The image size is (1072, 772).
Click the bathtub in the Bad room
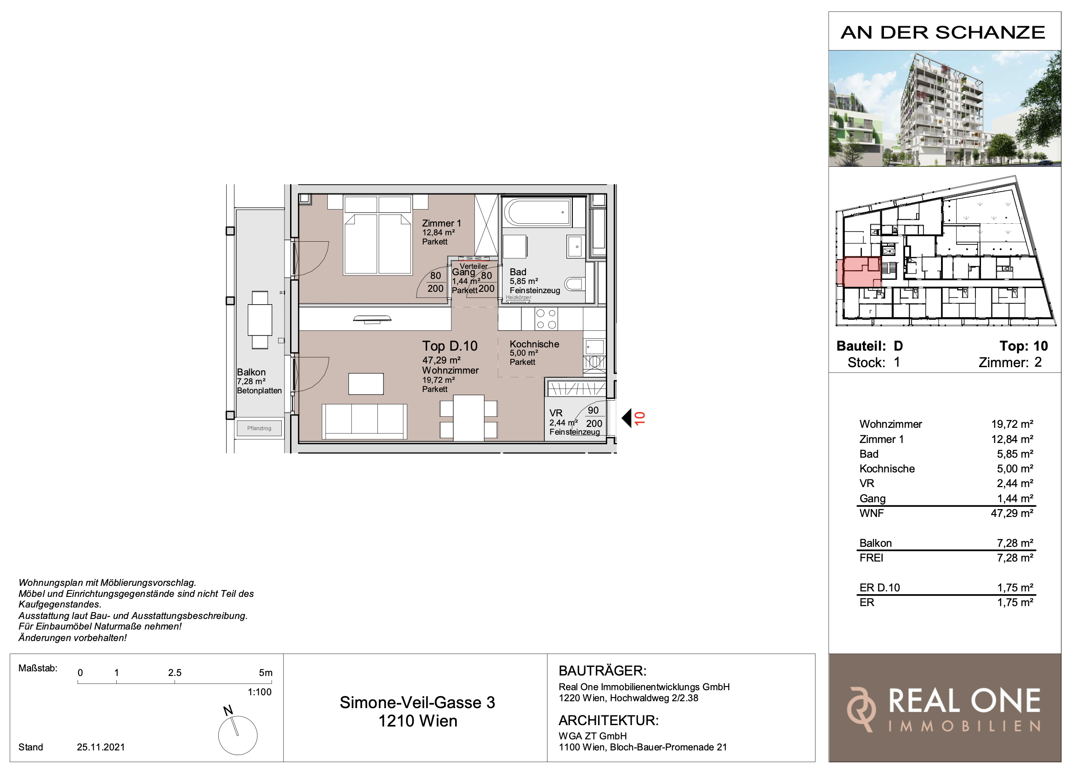[x=537, y=212]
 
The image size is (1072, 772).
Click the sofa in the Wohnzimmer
[x=365, y=421]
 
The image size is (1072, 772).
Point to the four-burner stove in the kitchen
[x=547, y=318]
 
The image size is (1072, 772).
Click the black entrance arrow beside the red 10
[x=627, y=418]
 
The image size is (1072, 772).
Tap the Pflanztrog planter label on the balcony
[x=259, y=429]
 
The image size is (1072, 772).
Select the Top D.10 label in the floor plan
[x=450, y=346]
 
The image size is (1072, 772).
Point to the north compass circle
[x=238, y=735]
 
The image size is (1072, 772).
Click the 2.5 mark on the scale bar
[x=175, y=673]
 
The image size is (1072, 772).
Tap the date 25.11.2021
[x=101, y=747]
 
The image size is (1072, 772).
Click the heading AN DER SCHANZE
[x=943, y=33]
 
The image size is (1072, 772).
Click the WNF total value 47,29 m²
[x=1012, y=514]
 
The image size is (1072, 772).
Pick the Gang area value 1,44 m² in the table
[x=1015, y=499]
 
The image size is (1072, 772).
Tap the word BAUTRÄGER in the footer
[x=603, y=671]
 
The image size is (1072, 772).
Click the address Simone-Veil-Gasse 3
[x=417, y=703]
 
